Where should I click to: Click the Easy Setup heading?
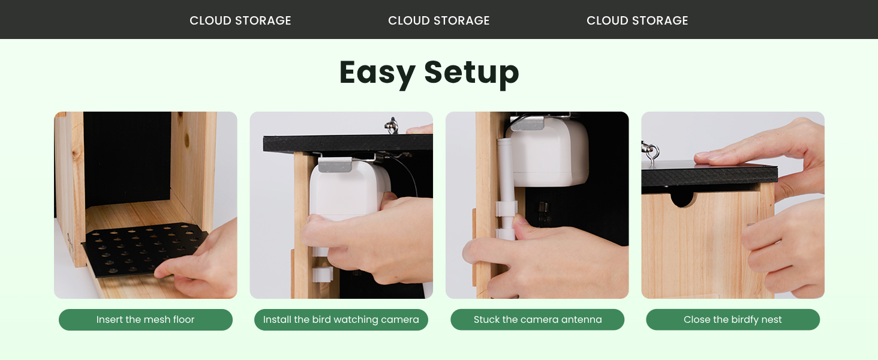[429, 73]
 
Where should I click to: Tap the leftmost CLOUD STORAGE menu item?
[240, 20]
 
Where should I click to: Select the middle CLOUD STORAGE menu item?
[438, 20]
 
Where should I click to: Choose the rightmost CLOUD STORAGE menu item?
[638, 20]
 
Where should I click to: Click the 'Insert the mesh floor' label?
[145, 320]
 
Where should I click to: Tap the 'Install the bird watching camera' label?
[341, 320]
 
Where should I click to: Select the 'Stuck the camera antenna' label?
[537, 320]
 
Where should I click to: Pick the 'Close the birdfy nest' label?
[733, 320]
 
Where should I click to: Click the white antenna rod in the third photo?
[506, 188]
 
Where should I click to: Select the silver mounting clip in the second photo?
[335, 164]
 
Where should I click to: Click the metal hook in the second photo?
[392, 125]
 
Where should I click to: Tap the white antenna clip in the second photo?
[323, 275]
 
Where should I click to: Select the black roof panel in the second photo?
[348, 143]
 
